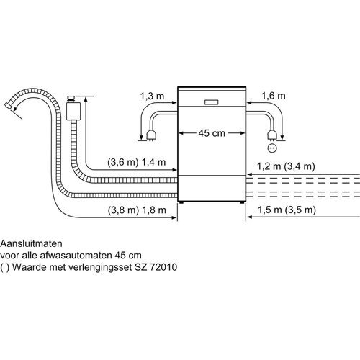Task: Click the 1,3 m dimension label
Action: click(x=152, y=96)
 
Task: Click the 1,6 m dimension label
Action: click(x=274, y=96)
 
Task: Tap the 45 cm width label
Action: click(x=212, y=133)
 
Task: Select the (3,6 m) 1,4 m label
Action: click(x=137, y=163)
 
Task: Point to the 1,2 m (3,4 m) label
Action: click(x=286, y=166)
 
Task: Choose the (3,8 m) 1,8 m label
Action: click(x=137, y=210)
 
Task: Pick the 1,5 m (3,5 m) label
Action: click(x=287, y=210)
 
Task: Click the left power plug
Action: click(x=151, y=135)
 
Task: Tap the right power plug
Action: click(x=272, y=135)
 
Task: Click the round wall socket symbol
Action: click(x=272, y=148)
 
